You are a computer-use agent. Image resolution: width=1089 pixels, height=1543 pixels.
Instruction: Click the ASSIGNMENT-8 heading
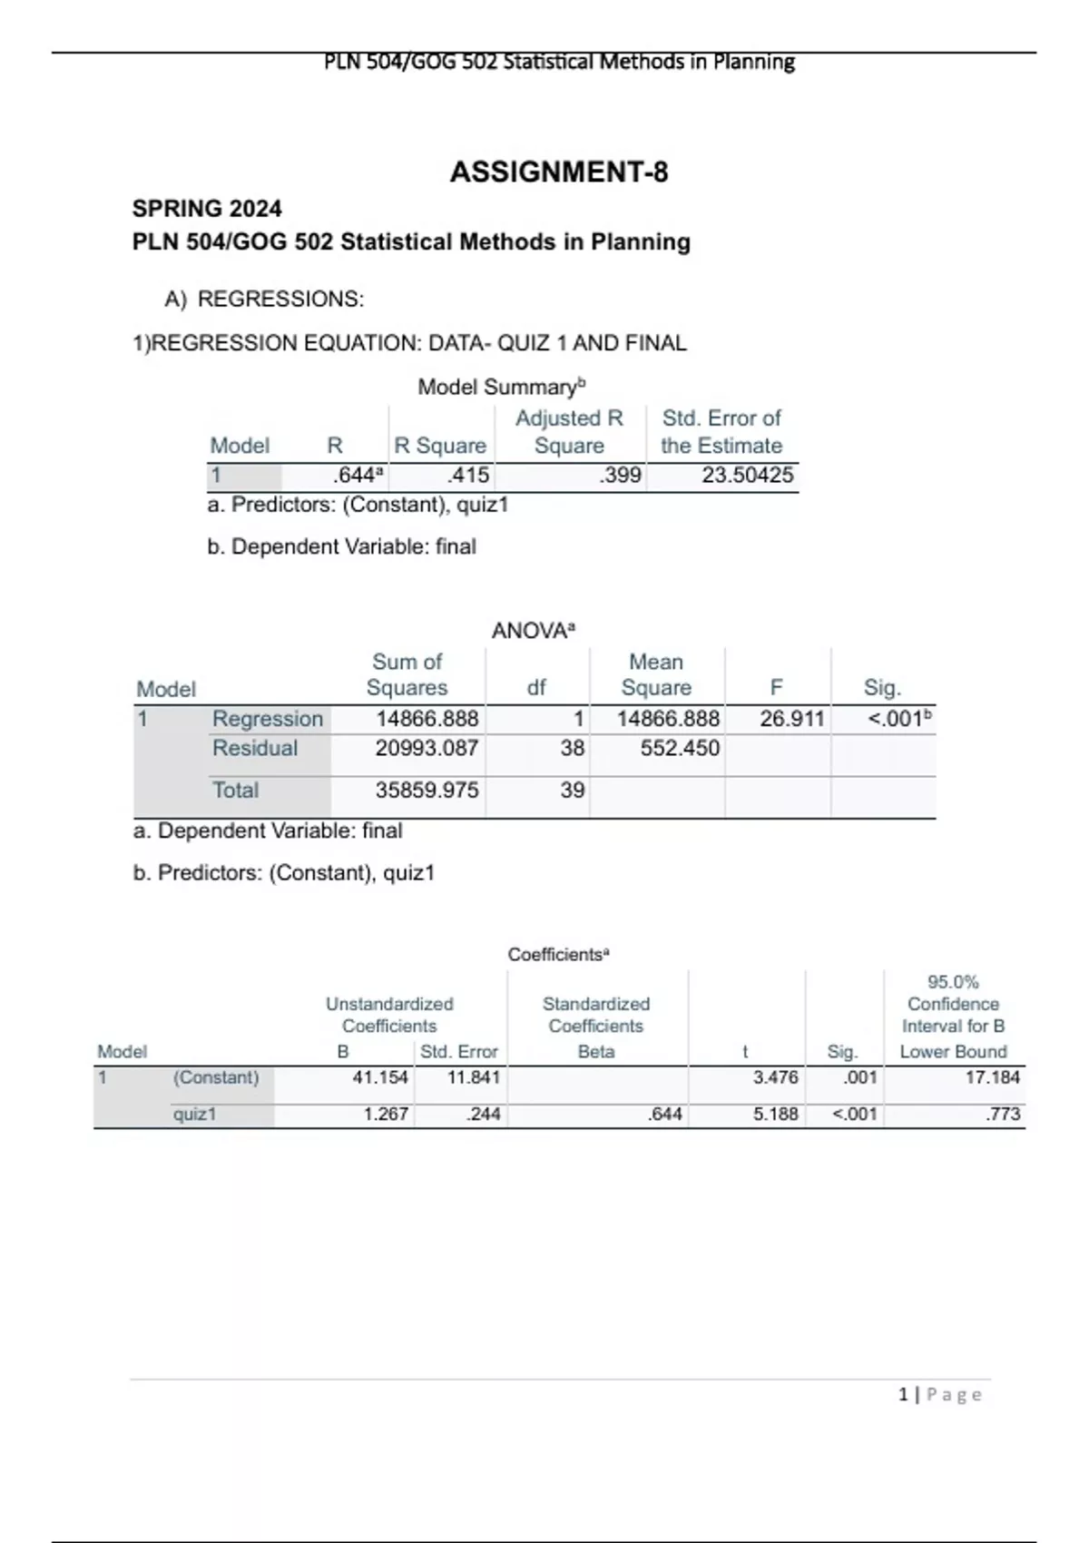coord(559,172)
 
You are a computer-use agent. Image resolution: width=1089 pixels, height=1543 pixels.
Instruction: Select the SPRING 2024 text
coord(207,209)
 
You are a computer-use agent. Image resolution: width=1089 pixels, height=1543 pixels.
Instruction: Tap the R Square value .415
coord(468,475)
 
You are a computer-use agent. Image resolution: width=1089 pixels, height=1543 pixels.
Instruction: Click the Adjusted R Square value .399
coord(621,475)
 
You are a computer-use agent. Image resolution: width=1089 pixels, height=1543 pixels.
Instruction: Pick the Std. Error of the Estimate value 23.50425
coord(747,475)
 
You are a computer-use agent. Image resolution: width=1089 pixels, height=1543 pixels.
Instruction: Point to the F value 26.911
coord(791,719)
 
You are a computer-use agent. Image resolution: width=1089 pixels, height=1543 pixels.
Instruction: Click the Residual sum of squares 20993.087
coord(427,748)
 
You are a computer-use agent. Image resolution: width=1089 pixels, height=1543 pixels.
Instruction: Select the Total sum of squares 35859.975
coord(427,790)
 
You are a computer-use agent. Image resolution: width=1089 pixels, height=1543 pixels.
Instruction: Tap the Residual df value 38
coord(572,748)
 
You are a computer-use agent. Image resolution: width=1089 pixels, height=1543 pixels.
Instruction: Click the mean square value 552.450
coord(680,748)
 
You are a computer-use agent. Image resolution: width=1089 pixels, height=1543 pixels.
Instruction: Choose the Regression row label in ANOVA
coord(268,719)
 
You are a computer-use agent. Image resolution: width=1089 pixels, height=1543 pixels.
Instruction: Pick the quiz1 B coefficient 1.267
coord(386,1114)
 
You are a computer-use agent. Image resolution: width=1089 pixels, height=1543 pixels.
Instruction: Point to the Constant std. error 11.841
coord(473,1077)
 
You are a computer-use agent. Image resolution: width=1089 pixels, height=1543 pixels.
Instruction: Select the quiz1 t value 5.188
coord(775,1114)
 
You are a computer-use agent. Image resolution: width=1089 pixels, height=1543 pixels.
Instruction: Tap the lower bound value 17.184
coord(992,1077)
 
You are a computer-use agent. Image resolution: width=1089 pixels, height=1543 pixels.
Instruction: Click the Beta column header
coord(596,1051)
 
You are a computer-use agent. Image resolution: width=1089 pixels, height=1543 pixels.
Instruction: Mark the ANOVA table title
coord(533,631)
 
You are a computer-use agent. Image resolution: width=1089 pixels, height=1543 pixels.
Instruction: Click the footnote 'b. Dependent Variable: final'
coord(341,546)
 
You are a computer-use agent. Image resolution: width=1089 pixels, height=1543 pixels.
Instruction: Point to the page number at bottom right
coord(940,1394)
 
